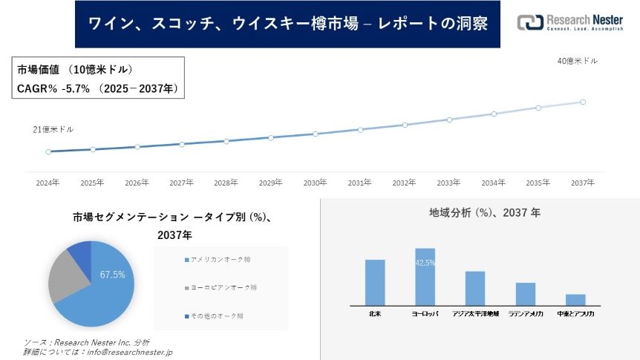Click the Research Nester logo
(572, 22)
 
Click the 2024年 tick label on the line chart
(48, 182)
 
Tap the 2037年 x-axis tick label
(583, 182)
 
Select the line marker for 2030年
(316, 134)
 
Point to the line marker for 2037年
(583, 102)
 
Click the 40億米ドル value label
(577, 61)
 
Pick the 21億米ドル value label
(53, 129)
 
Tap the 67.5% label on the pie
(113, 275)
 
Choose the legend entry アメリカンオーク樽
(220, 259)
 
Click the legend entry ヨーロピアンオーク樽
(222, 287)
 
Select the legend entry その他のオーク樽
(216, 315)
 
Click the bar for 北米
(375, 282)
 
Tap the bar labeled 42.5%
(425, 276)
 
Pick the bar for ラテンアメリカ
(526, 293)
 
